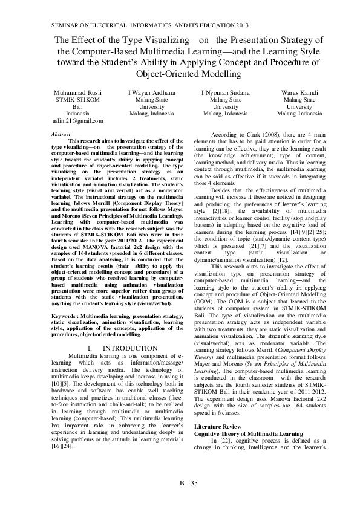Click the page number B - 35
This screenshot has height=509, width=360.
(188, 482)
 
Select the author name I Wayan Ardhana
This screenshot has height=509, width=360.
(151, 92)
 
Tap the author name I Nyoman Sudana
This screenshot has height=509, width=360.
(225, 92)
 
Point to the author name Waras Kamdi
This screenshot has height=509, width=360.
(299, 92)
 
